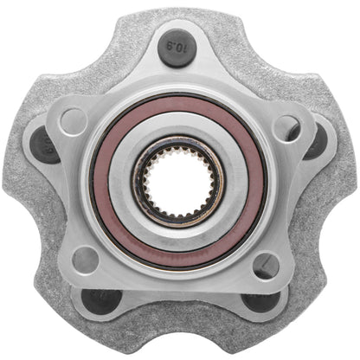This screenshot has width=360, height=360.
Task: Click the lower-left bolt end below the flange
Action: tap(102, 299)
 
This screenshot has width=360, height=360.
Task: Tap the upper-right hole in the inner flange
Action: tap(286, 126)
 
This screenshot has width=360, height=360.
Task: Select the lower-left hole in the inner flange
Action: tap(87, 257)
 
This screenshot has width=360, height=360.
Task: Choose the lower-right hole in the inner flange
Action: tap(266, 264)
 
